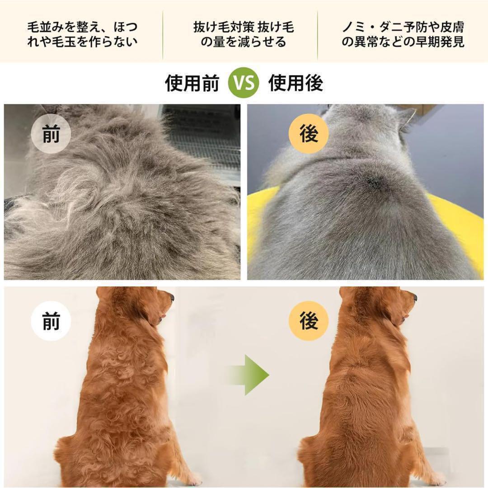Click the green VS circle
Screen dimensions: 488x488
(x=244, y=83)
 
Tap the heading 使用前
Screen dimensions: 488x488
(x=192, y=83)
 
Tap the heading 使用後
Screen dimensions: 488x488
(x=296, y=83)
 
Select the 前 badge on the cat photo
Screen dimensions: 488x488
(x=51, y=134)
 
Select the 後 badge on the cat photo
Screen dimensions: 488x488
(x=309, y=134)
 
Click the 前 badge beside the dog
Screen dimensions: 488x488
(x=51, y=321)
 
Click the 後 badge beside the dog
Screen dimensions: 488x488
(x=309, y=321)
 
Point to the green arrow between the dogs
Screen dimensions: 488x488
(x=249, y=375)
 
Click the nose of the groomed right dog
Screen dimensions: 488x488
(x=415, y=298)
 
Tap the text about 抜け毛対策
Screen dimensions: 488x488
(x=244, y=34)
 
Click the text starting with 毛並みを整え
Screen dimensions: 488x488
(x=82, y=34)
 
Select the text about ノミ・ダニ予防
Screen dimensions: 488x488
(x=403, y=34)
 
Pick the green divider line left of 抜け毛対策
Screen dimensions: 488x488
(x=163, y=35)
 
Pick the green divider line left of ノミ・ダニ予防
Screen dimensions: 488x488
(x=318, y=35)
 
